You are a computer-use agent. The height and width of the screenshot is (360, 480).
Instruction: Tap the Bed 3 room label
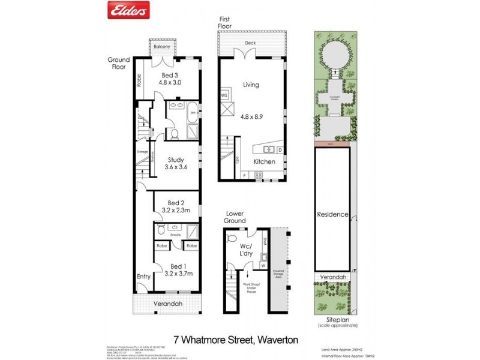click(x=170, y=74)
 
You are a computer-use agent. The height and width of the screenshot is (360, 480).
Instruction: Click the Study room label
click(x=175, y=160)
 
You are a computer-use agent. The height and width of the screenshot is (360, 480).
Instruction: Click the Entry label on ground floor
click(x=143, y=277)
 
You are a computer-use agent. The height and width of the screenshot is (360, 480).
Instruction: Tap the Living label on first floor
click(x=251, y=85)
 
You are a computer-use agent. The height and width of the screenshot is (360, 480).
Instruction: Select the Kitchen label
click(x=265, y=162)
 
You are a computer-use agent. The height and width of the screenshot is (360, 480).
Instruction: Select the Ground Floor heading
click(x=118, y=64)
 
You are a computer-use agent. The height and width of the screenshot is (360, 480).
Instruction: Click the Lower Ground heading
click(x=236, y=217)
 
